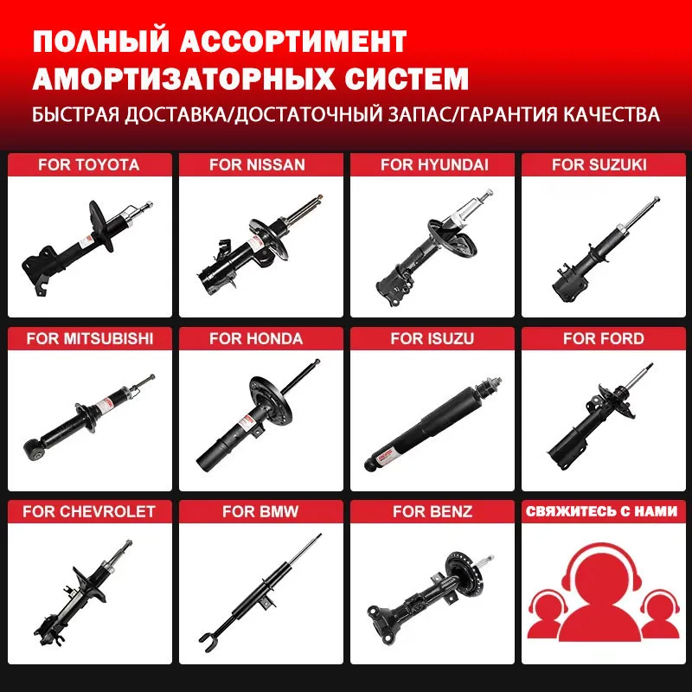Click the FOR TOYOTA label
88,164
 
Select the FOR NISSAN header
257,164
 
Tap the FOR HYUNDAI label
434,164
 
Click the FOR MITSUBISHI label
89,338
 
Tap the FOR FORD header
603,338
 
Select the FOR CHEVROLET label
89,511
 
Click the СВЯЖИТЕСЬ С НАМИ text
603,511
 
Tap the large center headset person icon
603,597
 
